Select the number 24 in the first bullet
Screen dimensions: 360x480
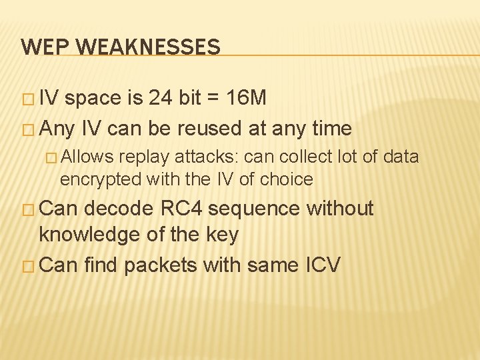point(160,99)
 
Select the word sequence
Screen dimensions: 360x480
point(261,209)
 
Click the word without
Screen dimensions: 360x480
point(340,209)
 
